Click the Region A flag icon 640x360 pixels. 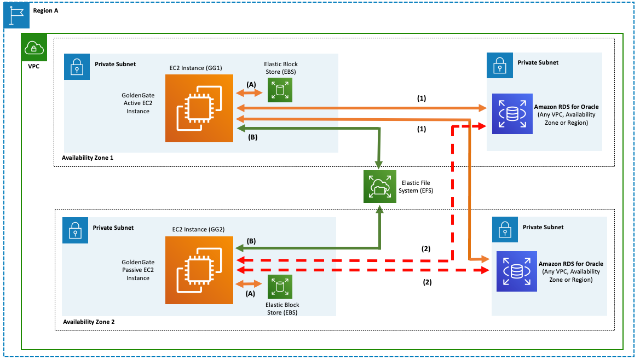point(16,15)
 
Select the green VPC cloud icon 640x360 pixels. point(34,48)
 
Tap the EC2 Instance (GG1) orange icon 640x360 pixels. point(199,108)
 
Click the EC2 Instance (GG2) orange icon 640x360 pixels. point(199,270)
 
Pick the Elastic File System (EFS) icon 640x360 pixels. point(379,187)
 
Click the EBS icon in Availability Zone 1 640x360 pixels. point(280,90)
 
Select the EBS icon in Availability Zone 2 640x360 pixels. point(280,287)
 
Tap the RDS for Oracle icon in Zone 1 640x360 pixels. point(512,114)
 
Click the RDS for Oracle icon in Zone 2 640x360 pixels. point(517,271)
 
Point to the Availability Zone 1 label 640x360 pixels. point(88,158)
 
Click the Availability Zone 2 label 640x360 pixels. point(89,322)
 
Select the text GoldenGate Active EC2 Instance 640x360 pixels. point(138,103)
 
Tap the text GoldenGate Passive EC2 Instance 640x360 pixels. point(138,270)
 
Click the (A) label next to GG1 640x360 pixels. point(251,84)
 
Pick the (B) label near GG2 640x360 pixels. point(251,241)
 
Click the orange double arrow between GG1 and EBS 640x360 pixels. point(250,93)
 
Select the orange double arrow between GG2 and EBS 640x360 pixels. point(249,284)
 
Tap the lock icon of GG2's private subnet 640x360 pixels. point(75,230)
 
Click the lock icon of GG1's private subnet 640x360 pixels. point(77,66)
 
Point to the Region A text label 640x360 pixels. point(46,10)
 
